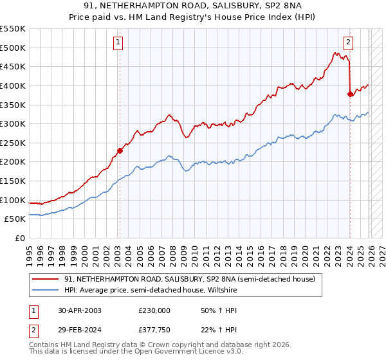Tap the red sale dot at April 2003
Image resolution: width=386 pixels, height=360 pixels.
[x=120, y=151]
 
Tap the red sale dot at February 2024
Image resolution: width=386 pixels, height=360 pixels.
[x=350, y=94]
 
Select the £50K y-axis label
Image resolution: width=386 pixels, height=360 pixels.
[x=15, y=219]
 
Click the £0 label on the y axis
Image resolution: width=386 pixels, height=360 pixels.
[x=20, y=239]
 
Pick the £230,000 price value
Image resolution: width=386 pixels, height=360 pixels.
[x=154, y=310]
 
